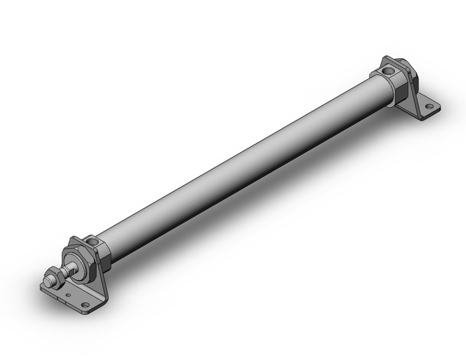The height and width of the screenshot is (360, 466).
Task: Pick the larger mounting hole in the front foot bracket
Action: point(85,305)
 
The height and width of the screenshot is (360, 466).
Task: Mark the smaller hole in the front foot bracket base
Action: point(68,295)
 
